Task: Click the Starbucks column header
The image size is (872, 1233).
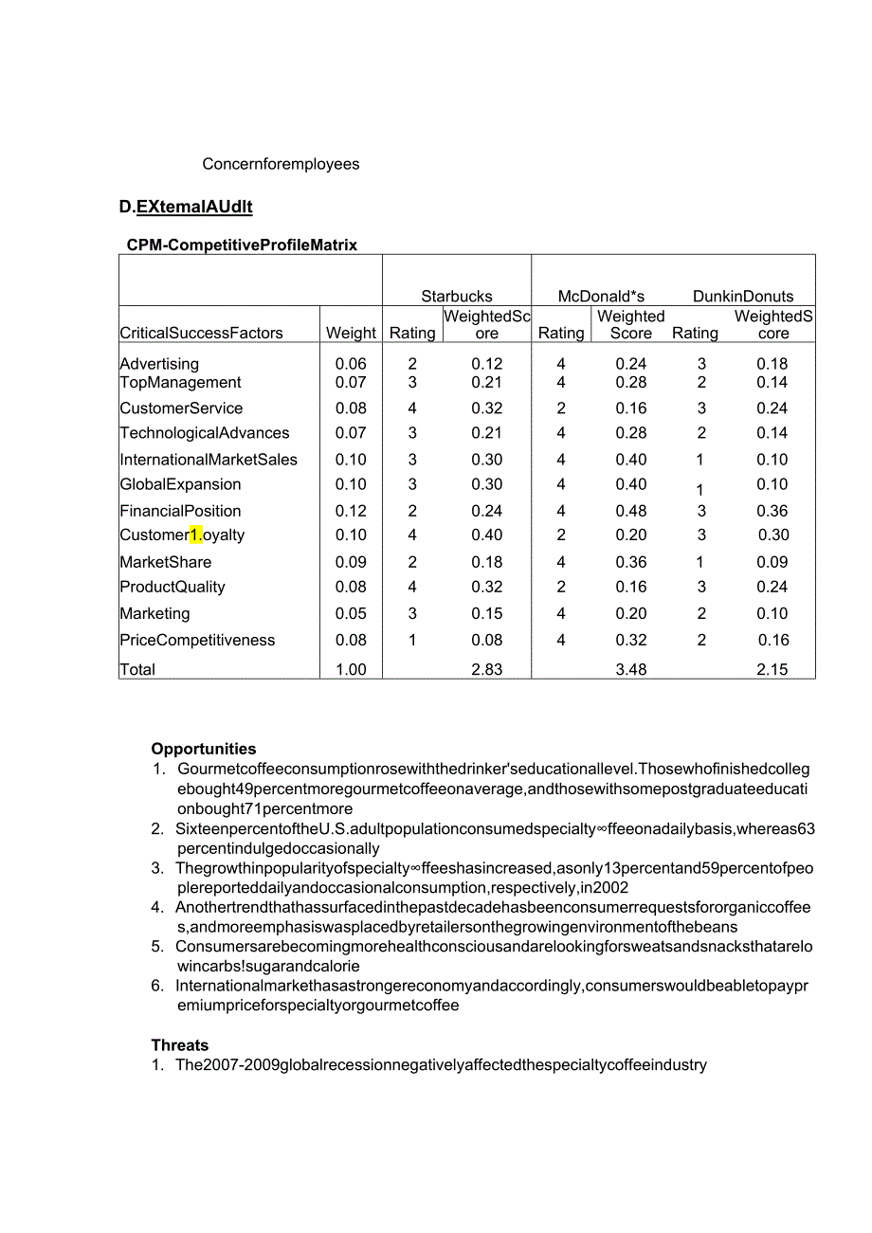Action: (457, 297)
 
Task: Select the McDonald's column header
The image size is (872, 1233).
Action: (601, 297)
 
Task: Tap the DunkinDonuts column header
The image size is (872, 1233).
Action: (743, 297)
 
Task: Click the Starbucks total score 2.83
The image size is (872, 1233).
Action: (487, 670)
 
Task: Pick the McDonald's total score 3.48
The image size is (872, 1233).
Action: (631, 670)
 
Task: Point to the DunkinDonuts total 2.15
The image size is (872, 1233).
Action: (772, 670)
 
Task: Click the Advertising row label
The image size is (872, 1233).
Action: (159, 364)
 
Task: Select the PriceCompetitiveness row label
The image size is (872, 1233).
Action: (197, 641)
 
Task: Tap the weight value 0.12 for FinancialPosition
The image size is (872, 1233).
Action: (351, 511)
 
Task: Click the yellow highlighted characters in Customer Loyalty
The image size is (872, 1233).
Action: (196, 535)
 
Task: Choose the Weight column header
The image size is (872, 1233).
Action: (351, 334)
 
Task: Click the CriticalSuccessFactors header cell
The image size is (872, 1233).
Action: (201, 334)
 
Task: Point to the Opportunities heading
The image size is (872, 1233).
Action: (204, 749)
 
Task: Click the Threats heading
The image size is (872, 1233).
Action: (180, 1045)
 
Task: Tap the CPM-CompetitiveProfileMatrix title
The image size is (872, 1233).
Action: (242, 245)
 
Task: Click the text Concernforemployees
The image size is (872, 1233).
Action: (281, 164)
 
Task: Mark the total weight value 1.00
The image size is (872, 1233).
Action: (351, 670)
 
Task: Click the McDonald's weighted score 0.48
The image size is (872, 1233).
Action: (631, 511)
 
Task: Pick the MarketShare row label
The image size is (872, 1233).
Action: (166, 562)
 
